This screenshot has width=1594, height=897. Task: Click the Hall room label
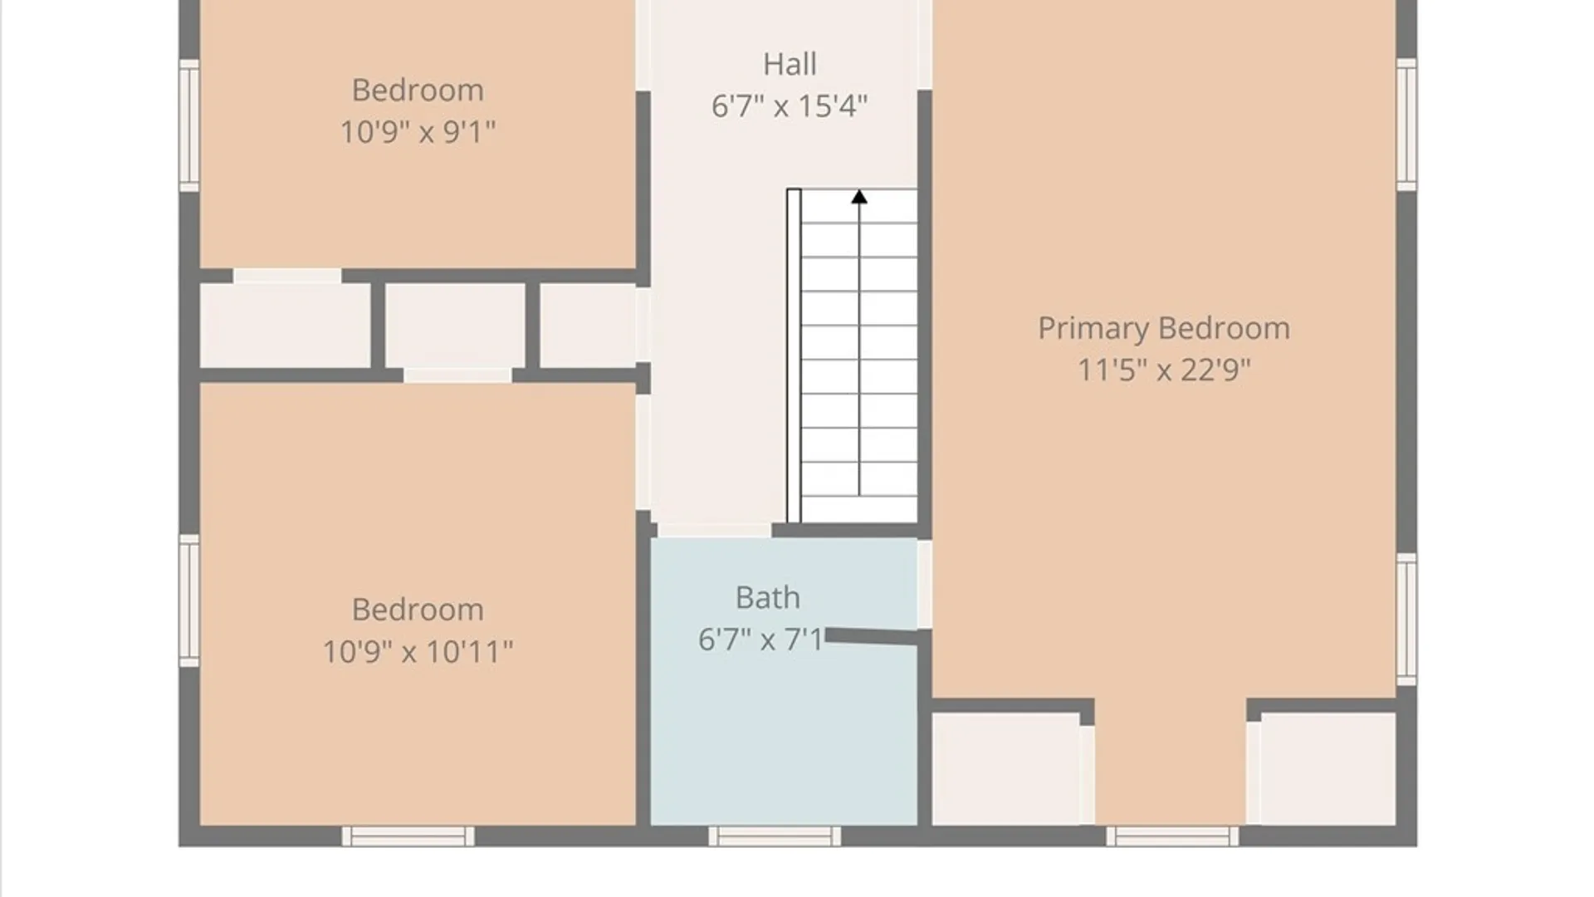click(x=790, y=64)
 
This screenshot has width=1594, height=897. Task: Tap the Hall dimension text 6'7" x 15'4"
click(x=790, y=106)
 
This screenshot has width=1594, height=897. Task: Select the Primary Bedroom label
click(x=1164, y=329)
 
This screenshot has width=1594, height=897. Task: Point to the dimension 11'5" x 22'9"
click(x=1164, y=370)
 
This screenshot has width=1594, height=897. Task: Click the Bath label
click(x=768, y=598)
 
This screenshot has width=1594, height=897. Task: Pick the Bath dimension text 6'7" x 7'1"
click(x=761, y=640)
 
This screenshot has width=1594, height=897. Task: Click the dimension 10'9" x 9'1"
click(x=418, y=132)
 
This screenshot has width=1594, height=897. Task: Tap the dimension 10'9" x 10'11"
click(x=418, y=652)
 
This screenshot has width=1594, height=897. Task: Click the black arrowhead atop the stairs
click(x=859, y=197)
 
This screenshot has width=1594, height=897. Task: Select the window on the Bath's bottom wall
click(x=775, y=836)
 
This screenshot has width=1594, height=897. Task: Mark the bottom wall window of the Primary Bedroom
click(x=1172, y=836)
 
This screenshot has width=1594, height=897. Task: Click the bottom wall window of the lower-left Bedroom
click(x=408, y=836)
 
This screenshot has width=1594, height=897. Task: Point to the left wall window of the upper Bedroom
click(x=189, y=125)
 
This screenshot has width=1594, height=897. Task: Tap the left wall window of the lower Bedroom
click(x=189, y=600)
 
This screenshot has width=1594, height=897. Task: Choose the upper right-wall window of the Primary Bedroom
click(x=1406, y=125)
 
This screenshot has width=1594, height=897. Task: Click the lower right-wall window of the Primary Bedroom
click(x=1406, y=620)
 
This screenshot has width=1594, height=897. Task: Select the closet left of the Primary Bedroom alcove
click(x=1006, y=769)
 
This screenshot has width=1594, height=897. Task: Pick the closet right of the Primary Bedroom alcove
click(x=1328, y=769)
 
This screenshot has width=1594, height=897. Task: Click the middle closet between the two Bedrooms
click(x=455, y=326)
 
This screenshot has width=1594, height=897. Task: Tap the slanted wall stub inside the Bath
click(x=872, y=637)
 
